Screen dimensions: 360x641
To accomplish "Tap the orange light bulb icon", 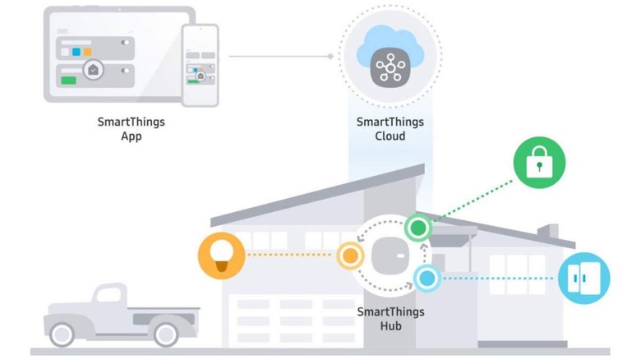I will point(223,255).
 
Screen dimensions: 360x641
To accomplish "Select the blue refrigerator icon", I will point(584,278).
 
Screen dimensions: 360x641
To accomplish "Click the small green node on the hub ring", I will point(418,227).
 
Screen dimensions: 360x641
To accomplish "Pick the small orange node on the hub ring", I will point(350,256).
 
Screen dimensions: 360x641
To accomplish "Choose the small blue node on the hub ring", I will point(426,278).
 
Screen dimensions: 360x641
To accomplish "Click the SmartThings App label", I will point(131,129).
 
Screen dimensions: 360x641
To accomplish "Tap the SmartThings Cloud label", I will point(390,129).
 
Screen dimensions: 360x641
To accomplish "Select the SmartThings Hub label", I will point(390,319).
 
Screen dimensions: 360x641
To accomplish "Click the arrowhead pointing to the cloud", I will point(330,57).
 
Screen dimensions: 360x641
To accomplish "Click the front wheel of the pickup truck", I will point(62,334).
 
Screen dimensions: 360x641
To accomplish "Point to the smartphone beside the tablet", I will point(200,65).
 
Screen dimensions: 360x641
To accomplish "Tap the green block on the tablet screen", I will point(68,81).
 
